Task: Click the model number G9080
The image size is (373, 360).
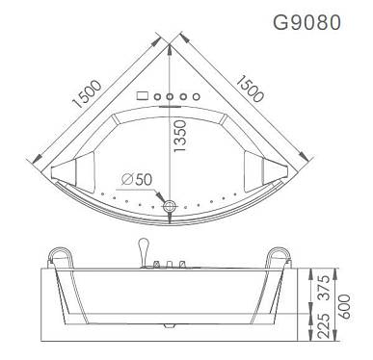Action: pos(306,22)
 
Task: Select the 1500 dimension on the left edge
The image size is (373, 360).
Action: pos(87,93)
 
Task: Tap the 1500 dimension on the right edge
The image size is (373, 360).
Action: pos(250,89)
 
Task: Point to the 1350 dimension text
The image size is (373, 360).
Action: pos(179,136)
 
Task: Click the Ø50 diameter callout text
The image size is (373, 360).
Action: pos(137,180)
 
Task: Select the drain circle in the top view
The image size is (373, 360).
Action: pos(170,206)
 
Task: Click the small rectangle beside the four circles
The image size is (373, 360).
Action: pos(142,95)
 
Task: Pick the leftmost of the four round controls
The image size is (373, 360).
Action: pos(157,96)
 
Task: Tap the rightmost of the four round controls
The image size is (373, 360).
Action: pos(197,96)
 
